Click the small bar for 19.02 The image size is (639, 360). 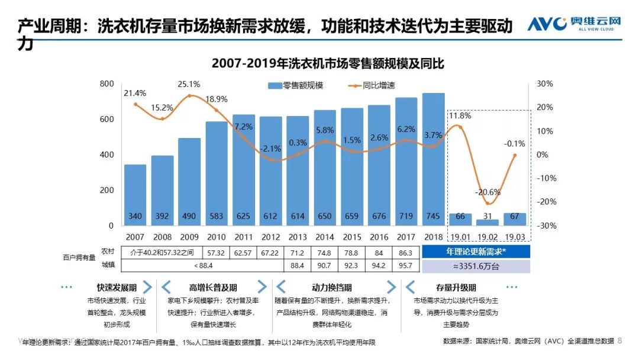point(487,221)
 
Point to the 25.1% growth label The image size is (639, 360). point(189,84)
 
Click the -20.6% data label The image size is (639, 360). point(488,192)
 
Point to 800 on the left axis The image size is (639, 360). point(106,84)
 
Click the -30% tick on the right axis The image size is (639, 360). point(545,226)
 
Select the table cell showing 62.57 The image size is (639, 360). point(243,252)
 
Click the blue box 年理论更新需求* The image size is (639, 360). point(476,252)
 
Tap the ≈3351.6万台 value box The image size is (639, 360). point(476,266)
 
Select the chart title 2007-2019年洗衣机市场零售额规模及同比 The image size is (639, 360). point(328,63)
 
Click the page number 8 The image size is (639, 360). point(620,340)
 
